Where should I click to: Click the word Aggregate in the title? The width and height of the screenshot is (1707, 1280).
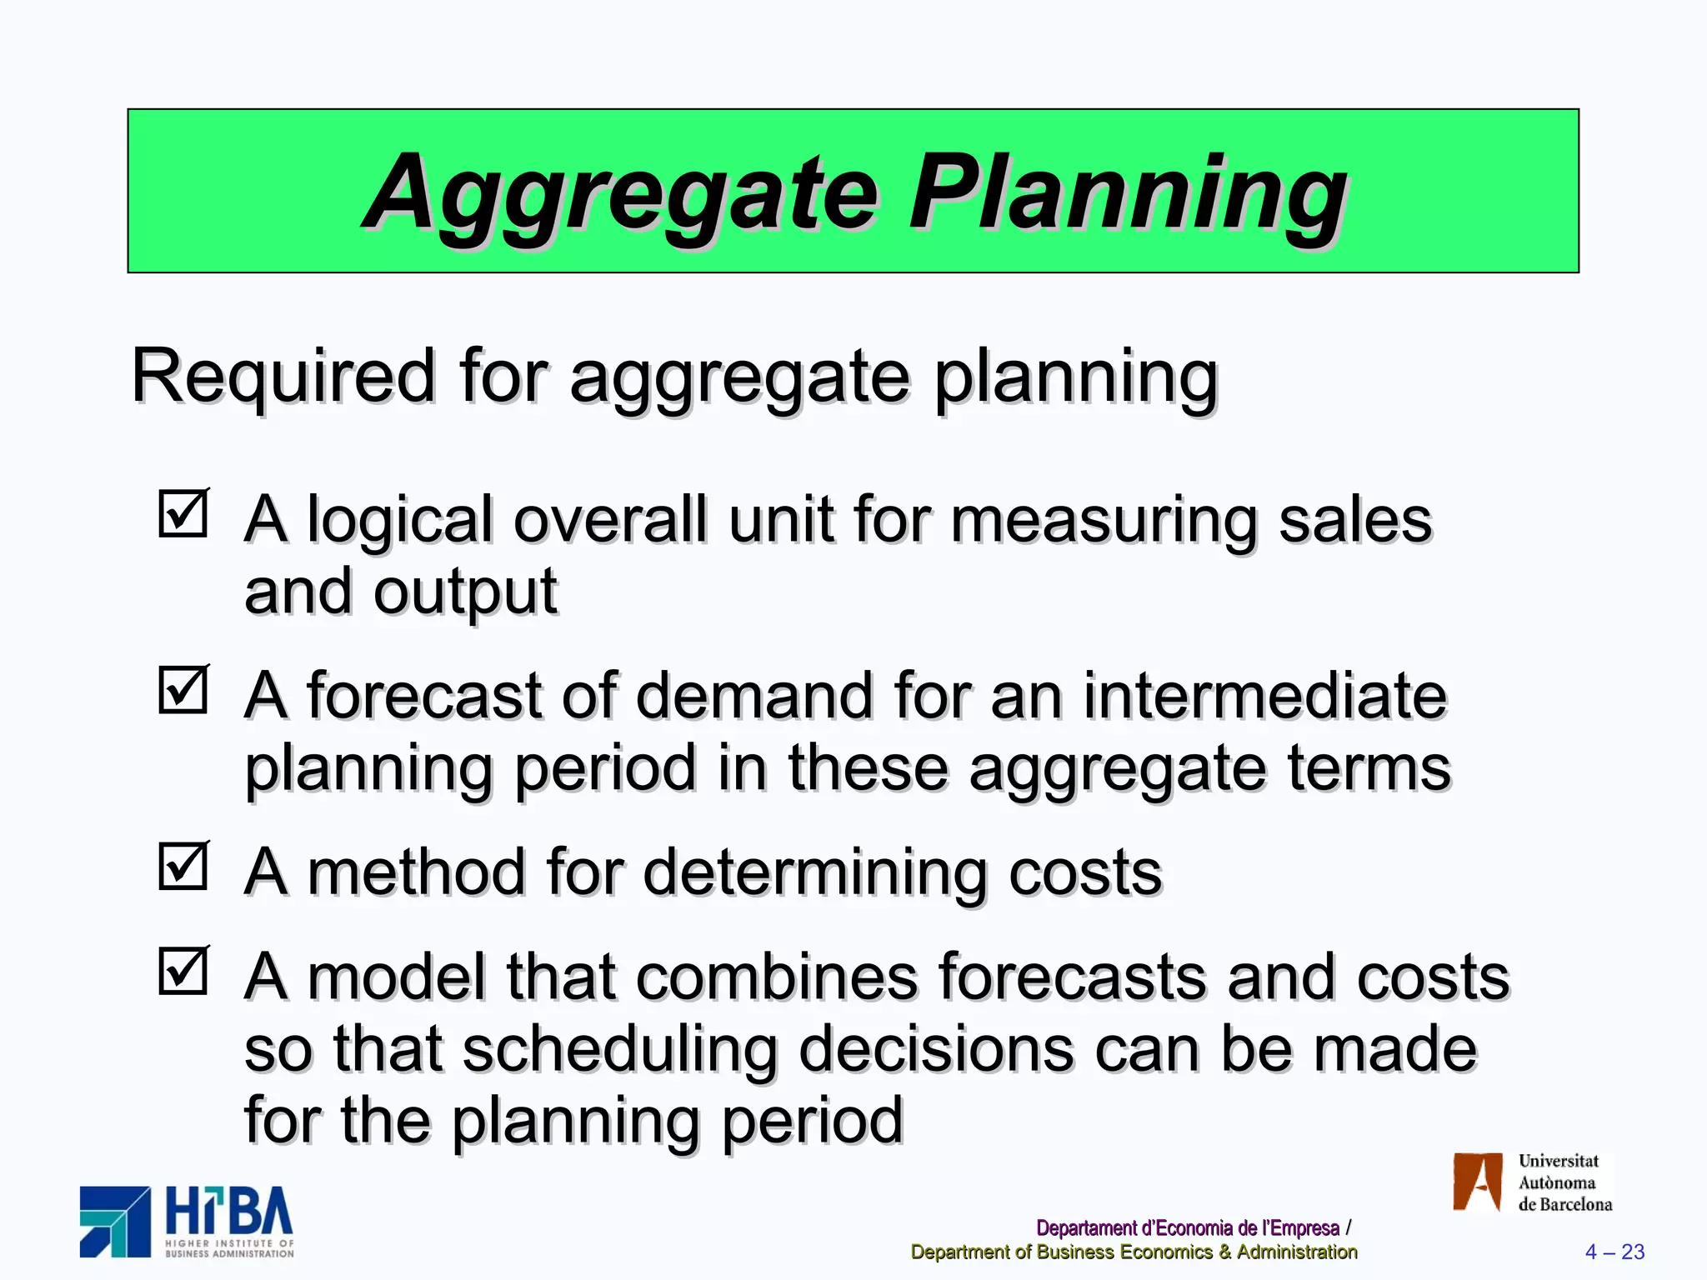coord(621,193)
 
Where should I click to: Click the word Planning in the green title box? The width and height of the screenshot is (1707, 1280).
coord(1127,193)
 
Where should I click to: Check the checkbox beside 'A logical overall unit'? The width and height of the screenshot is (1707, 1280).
coord(183,513)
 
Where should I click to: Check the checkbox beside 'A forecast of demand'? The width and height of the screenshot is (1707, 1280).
coord(183,690)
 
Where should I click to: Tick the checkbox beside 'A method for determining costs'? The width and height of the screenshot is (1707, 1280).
coord(183,866)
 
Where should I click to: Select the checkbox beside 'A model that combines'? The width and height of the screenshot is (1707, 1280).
coord(183,971)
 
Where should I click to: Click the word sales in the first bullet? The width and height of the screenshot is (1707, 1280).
coord(1354,520)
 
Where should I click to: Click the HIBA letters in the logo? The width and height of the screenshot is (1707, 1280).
coord(229,1212)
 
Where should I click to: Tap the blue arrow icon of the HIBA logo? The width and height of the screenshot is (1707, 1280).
coord(115,1222)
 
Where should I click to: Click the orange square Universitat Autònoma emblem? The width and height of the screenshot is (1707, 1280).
coord(1477,1182)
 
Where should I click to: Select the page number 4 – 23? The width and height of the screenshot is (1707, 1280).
coord(1614,1252)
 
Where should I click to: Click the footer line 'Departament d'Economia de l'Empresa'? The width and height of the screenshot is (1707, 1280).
coord(1187,1228)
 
